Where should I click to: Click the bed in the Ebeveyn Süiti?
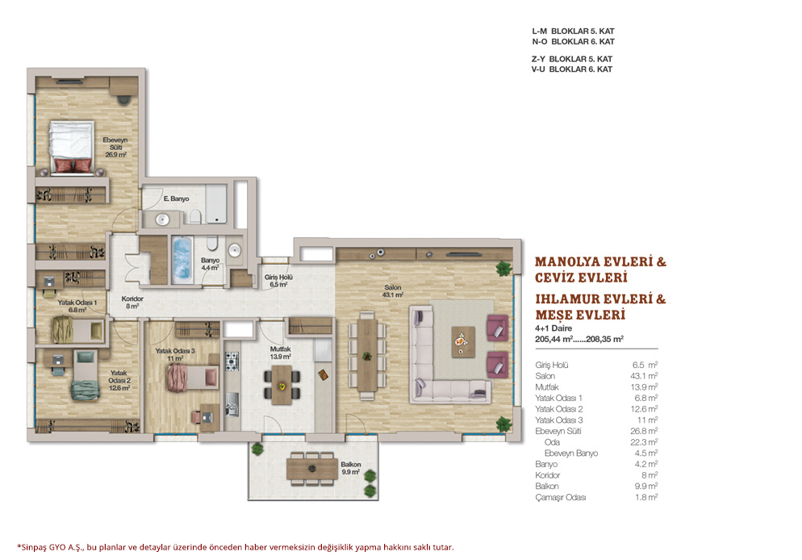[x=72, y=148]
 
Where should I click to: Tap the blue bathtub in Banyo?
[x=182, y=259]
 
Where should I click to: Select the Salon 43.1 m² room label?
[x=392, y=291]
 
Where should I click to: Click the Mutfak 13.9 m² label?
[x=280, y=353]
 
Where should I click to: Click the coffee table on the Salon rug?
[x=462, y=341]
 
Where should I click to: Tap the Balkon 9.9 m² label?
[x=351, y=468]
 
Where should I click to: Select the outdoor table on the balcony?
[x=312, y=468]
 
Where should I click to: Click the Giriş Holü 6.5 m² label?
[x=278, y=281]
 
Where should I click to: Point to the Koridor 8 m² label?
[x=132, y=303]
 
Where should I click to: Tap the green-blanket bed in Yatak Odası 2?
[x=86, y=375]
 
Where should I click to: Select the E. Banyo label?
[x=177, y=199]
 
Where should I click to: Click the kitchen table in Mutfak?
[x=281, y=385]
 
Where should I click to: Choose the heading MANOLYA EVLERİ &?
[x=600, y=262]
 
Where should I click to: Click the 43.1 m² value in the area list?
[x=643, y=376]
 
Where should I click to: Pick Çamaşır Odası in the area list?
[x=560, y=497]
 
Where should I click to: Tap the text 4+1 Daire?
[x=553, y=328]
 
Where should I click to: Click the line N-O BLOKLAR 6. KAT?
[x=573, y=41]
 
